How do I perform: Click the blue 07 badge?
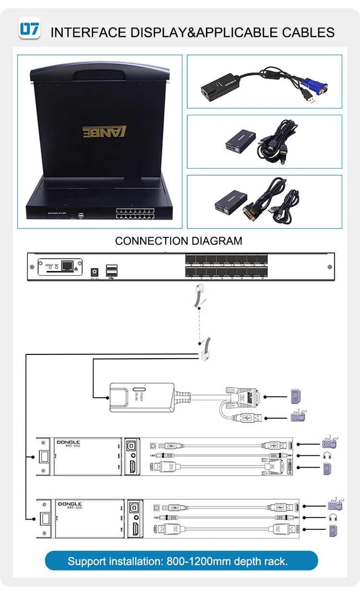tap(29, 28)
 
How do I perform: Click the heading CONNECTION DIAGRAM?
tap(179, 241)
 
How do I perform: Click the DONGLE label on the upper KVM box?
tap(69, 442)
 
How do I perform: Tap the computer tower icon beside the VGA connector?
tap(296, 397)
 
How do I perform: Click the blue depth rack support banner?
tap(181, 561)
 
